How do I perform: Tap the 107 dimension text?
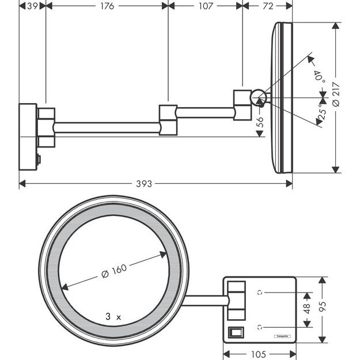[x=206, y=6]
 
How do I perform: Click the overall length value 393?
[x=144, y=184]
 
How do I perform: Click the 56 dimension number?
[x=260, y=122]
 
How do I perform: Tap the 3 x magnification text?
[x=113, y=316]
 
